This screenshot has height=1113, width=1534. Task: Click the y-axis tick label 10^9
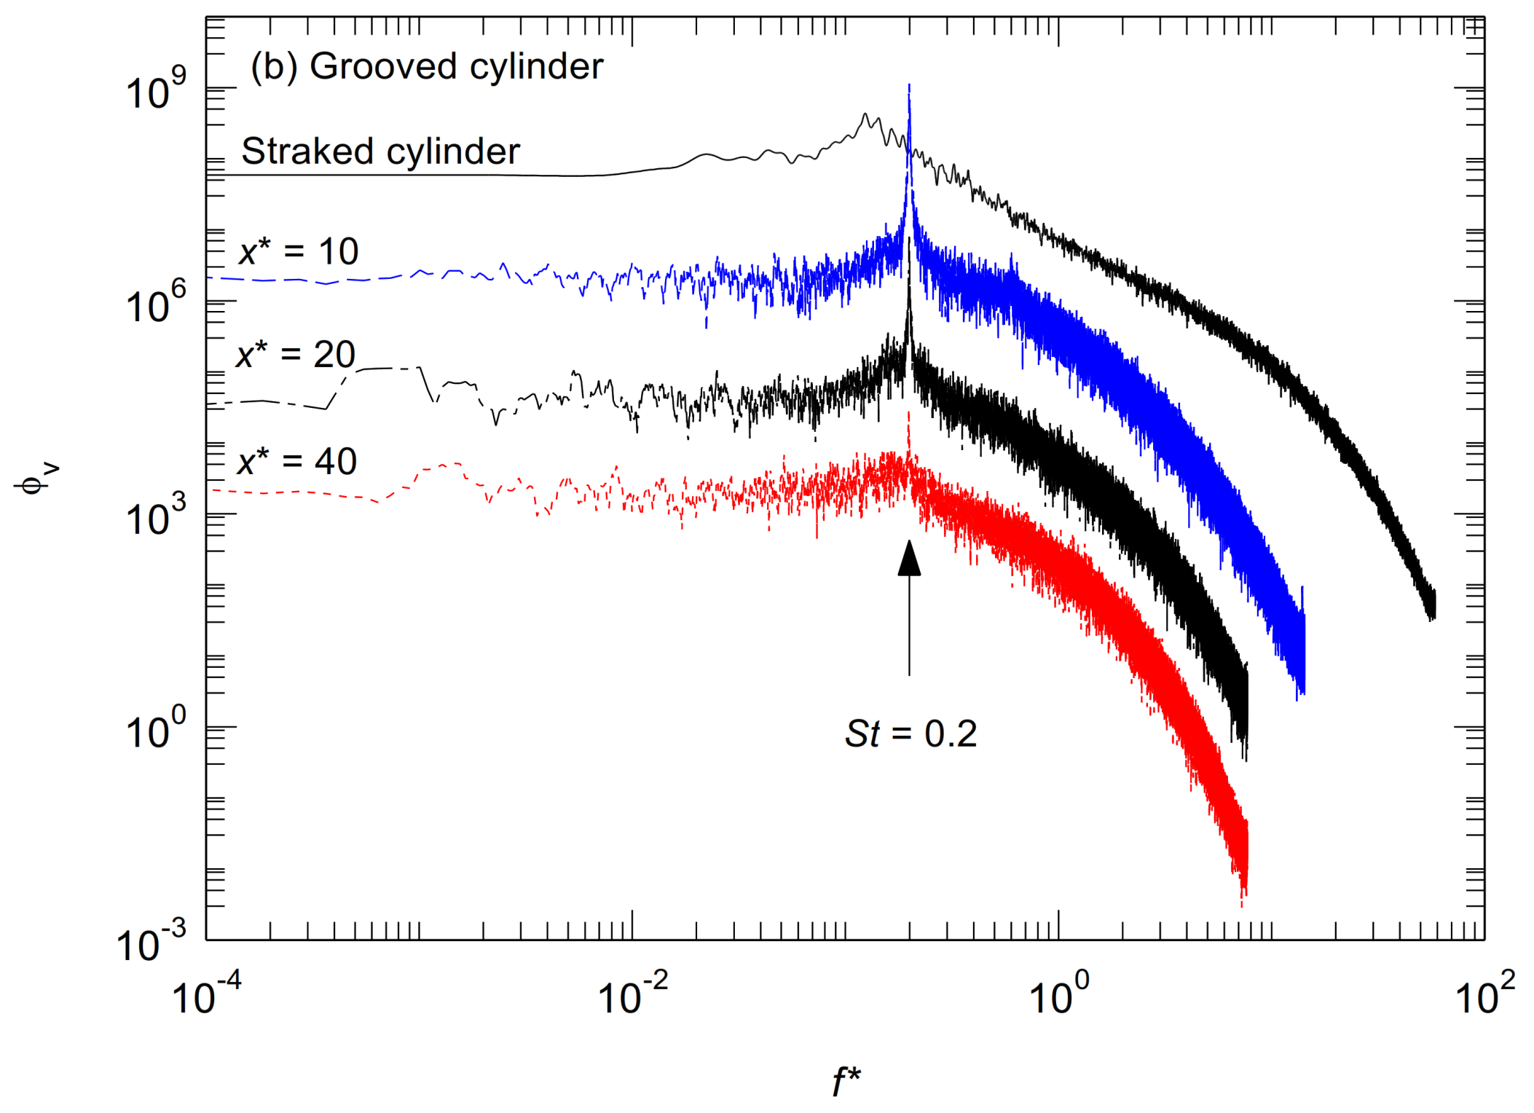tap(155, 91)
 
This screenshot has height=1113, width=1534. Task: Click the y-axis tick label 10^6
tap(155, 304)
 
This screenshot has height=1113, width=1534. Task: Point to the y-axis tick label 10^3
tap(155, 517)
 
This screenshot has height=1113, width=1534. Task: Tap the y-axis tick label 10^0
tap(155, 730)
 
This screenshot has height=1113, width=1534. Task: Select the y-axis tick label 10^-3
tap(152, 943)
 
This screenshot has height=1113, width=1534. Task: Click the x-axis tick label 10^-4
tap(206, 994)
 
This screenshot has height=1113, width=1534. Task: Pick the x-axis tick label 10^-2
tap(632, 994)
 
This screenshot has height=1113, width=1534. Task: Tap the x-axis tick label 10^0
tap(1058, 994)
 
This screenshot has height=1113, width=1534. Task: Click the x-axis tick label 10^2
tap(1484, 994)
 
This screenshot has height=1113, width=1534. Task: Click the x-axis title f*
tap(846, 1081)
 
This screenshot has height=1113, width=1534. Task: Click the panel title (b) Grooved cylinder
tap(427, 67)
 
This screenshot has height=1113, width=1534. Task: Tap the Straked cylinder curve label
tap(380, 152)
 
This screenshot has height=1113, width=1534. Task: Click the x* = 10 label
tap(299, 252)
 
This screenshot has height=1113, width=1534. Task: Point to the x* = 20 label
tap(296, 355)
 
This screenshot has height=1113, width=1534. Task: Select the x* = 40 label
tap(297, 462)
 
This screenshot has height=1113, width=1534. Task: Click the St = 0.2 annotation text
tap(910, 734)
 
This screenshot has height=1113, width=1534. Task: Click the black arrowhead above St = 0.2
tap(909, 559)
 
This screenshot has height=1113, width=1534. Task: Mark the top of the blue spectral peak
tap(909, 86)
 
